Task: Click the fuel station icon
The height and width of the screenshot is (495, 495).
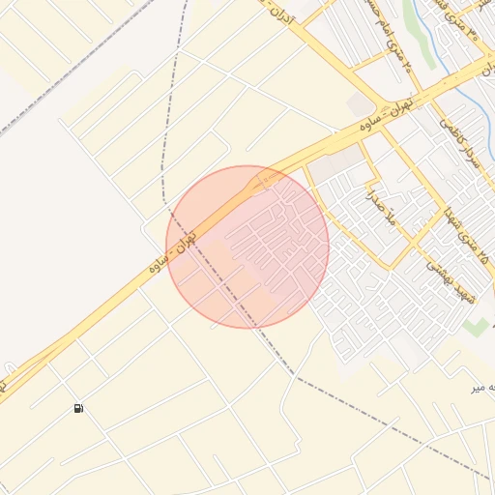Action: pyautogui.click(x=78, y=408)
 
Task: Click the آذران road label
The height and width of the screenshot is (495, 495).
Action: pyautogui.click(x=286, y=15)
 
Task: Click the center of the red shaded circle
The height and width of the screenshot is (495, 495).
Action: pyautogui.click(x=247, y=247)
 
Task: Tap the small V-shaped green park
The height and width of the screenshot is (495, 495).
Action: pyautogui.click(x=475, y=327)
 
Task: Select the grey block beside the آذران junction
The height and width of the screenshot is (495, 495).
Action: pyautogui.click(x=360, y=103)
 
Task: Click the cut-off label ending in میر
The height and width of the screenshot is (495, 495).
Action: pyautogui.click(x=482, y=387)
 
